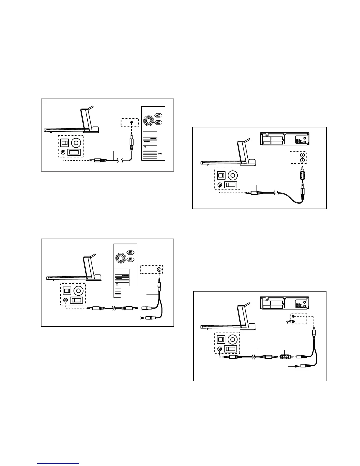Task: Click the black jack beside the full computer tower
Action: (131, 122)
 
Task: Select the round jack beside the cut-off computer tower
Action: (159, 269)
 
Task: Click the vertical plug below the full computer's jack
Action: (131, 144)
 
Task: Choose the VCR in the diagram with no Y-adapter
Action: (284, 139)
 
